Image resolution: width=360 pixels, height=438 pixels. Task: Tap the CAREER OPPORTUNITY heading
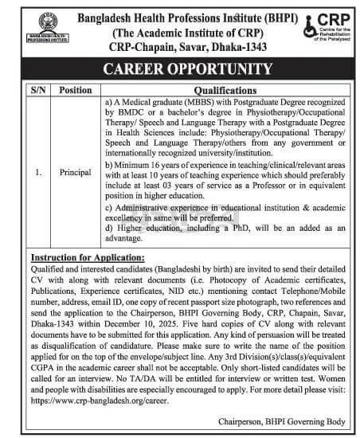coord(180,68)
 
